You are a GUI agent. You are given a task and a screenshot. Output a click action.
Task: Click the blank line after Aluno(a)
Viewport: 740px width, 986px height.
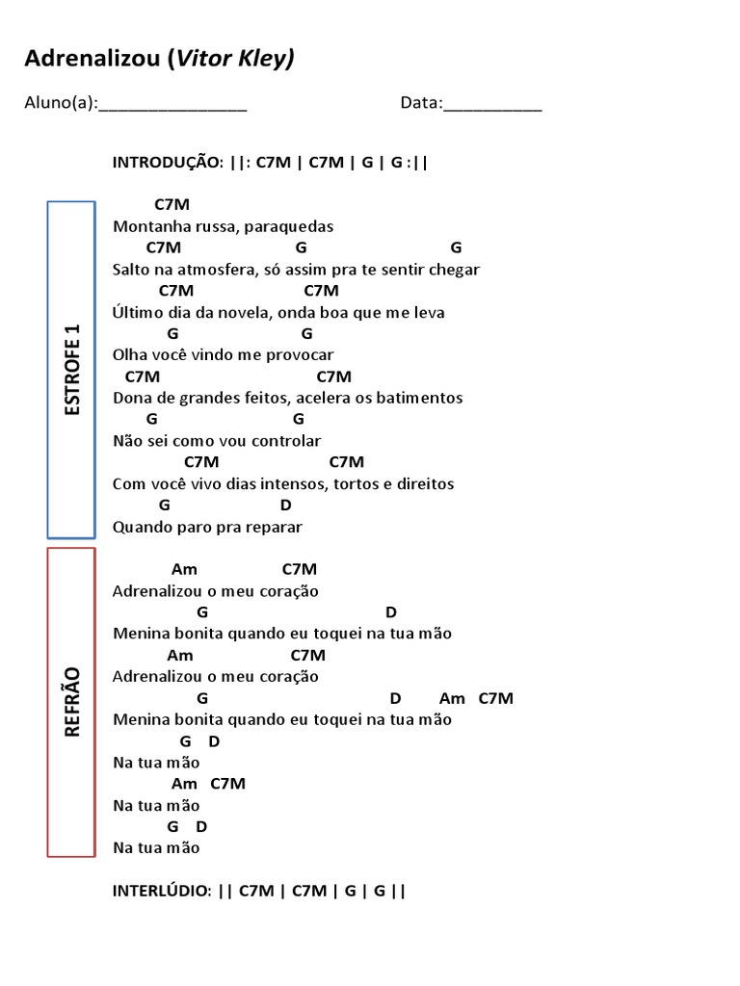click(172, 105)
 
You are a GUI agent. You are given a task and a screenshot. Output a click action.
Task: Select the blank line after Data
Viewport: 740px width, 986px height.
click(492, 105)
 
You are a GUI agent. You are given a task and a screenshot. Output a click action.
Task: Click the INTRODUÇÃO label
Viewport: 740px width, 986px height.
click(168, 162)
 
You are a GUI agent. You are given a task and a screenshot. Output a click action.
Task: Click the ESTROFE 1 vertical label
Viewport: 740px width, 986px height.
click(72, 370)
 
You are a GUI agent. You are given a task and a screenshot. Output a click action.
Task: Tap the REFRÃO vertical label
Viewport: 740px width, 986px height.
click(72, 701)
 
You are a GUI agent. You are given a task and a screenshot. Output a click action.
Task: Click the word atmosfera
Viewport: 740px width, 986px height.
click(210, 270)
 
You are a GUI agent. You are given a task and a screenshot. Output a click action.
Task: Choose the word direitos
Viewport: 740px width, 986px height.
click(424, 483)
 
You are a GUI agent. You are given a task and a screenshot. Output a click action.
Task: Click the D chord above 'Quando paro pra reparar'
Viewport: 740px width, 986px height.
click(285, 505)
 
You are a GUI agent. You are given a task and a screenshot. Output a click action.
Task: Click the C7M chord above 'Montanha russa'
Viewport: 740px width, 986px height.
click(172, 205)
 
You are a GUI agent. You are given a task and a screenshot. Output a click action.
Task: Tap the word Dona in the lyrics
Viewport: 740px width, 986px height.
click(130, 398)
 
